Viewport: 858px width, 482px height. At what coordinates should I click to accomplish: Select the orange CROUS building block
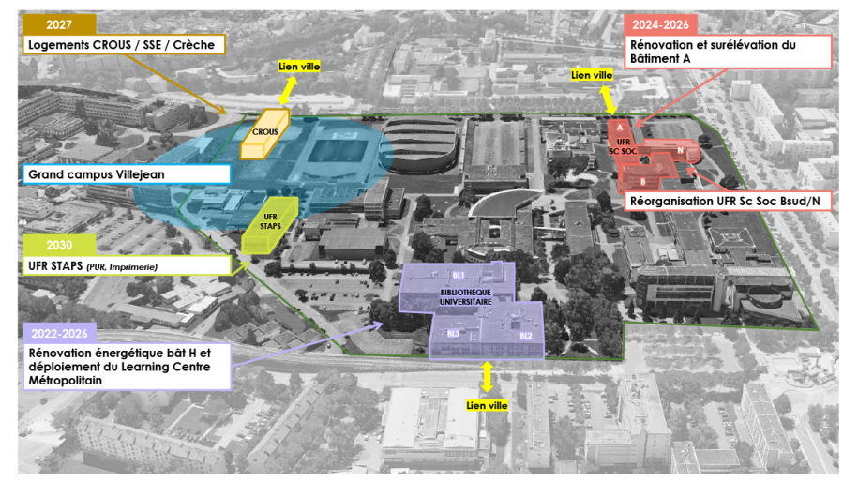coord(264,135)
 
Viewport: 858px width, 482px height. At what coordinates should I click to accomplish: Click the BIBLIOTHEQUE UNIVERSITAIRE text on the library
coord(459,297)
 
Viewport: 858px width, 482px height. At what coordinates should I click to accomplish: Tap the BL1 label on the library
coord(459,276)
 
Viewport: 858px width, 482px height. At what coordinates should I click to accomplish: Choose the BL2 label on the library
coord(525,335)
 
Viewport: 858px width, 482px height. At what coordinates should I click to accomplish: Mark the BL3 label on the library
coord(453,333)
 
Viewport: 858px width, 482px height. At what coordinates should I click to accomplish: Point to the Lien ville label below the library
coord(487,405)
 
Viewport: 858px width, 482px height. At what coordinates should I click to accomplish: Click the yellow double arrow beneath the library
coord(487,377)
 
